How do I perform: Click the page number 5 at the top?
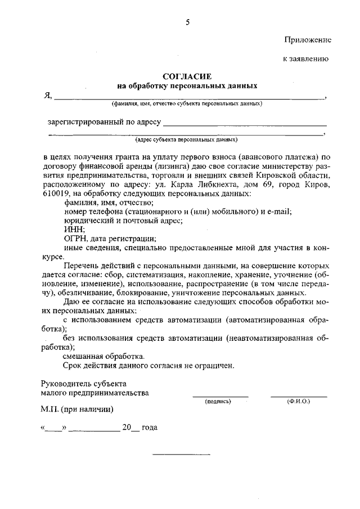[x=188, y=22]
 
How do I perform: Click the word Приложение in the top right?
[x=307, y=40]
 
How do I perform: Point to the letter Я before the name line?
[x=48, y=96]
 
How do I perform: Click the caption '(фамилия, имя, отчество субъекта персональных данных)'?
[x=187, y=104]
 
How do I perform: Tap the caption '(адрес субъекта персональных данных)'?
[x=187, y=139]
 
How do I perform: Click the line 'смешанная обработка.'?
[x=103, y=356]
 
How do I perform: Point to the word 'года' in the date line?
[x=150, y=427]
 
